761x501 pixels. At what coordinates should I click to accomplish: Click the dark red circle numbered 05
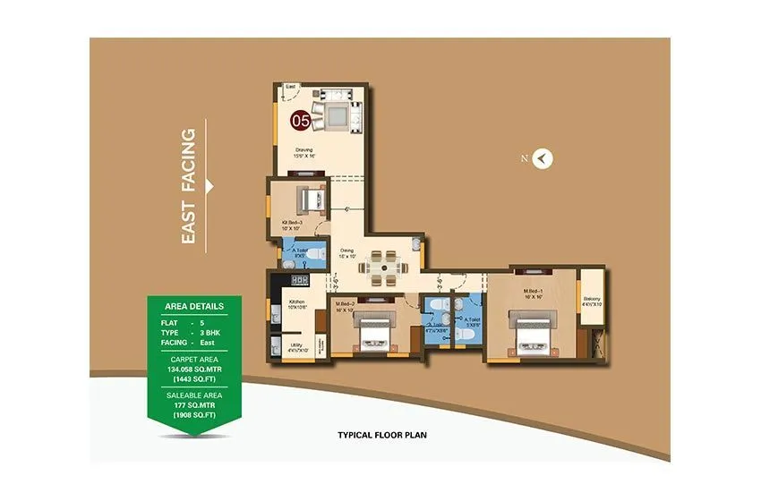tap(299, 119)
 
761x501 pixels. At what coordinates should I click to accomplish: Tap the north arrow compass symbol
tap(543, 159)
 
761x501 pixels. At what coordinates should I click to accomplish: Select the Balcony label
tap(592, 301)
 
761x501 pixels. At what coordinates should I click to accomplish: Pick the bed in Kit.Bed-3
tap(310, 197)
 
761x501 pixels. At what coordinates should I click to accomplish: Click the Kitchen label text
tap(295, 304)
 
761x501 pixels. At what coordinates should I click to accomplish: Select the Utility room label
tap(295, 346)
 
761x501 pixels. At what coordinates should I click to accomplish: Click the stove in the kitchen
tap(297, 280)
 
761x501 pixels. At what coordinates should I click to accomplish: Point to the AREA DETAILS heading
tap(193, 306)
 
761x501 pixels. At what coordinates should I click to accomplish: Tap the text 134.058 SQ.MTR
tap(194, 368)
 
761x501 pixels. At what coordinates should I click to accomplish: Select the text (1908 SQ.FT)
tap(194, 414)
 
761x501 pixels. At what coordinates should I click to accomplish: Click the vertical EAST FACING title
tap(188, 185)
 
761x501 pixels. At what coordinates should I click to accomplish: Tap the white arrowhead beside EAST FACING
tap(210, 185)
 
